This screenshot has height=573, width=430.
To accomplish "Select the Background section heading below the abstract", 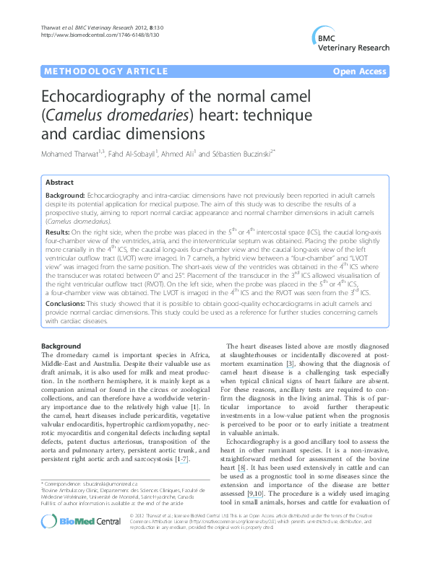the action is click(x=61, y=347).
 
